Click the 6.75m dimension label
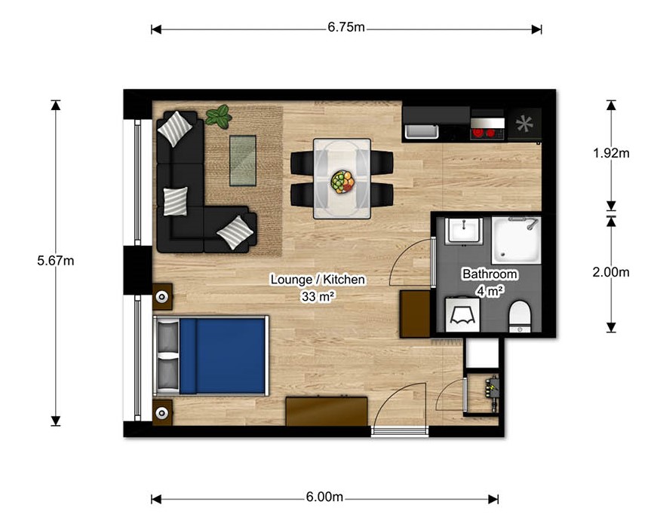(346, 27)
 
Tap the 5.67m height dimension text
(56, 261)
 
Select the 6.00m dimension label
(324, 497)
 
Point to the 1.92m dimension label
(611, 153)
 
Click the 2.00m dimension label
(611, 272)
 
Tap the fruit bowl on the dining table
(342, 182)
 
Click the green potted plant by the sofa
(219, 115)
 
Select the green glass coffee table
(243, 161)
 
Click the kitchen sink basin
(421, 131)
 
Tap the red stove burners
(484, 133)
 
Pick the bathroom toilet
(520, 317)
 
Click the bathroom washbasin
(464, 231)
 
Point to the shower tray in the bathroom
(516, 240)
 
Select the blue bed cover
(222, 356)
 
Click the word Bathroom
(490, 274)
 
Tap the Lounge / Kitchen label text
(318, 280)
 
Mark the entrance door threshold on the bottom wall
(400, 432)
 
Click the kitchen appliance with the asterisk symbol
(524, 124)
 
